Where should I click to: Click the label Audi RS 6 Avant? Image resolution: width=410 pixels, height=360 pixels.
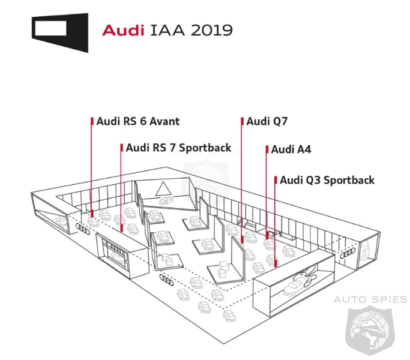[x=137, y=121]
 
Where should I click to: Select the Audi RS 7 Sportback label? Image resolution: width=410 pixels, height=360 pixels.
[x=170, y=148]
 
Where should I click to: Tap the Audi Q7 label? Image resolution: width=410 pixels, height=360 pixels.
[x=267, y=121]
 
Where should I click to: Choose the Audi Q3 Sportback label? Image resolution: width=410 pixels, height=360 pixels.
[x=327, y=180]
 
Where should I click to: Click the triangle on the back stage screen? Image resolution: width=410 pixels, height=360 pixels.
[x=162, y=190]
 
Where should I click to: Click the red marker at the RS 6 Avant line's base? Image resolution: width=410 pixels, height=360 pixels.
[x=92, y=213]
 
